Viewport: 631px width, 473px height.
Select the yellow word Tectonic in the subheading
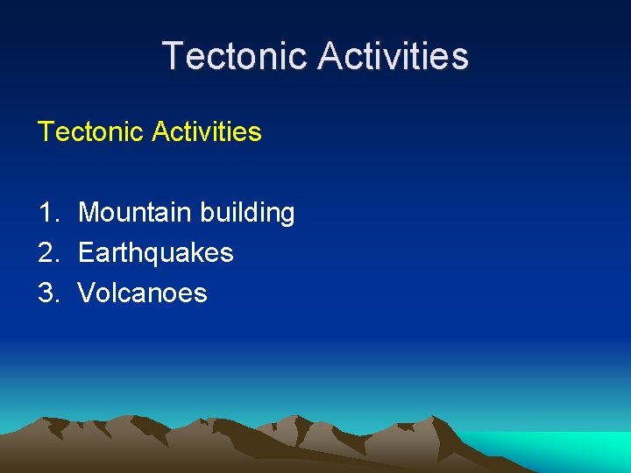click(x=90, y=132)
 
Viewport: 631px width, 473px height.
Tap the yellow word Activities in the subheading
click(x=206, y=132)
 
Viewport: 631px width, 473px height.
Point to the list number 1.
click(x=47, y=213)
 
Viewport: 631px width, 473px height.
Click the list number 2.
click(x=47, y=253)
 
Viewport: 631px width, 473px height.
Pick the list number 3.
click(x=47, y=293)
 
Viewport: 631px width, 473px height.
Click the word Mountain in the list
click(x=136, y=213)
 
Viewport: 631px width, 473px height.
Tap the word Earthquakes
click(x=155, y=253)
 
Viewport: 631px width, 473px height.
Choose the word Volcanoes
click(x=142, y=293)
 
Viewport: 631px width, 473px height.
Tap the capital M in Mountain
click(x=89, y=213)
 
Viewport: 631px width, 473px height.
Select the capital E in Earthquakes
click(x=85, y=253)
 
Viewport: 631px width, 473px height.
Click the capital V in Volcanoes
click(x=86, y=293)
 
